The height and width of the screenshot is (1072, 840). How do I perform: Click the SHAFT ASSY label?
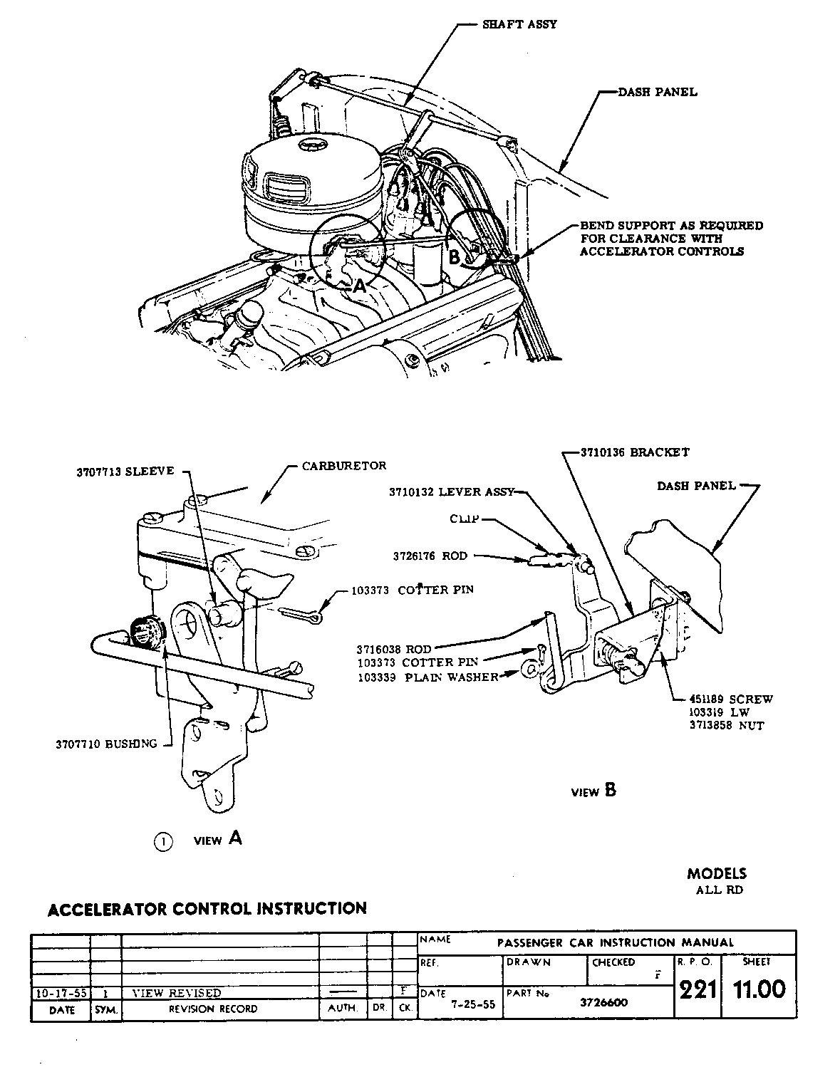pyautogui.click(x=520, y=24)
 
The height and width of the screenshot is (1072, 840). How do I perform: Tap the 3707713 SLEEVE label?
pyautogui.click(x=125, y=472)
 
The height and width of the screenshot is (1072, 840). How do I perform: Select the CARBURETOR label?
pyautogui.click(x=343, y=466)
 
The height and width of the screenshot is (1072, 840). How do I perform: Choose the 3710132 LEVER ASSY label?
pyautogui.click(x=451, y=491)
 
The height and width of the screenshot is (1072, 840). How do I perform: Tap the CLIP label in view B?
pyautogui.click(x=467, y=520)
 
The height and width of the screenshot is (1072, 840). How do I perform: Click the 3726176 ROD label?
pyautogui.click(x=430, y=556)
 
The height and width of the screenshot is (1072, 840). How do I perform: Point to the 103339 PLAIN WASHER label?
pyautogui.click(x=427, y=677)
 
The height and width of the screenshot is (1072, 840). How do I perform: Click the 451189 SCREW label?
pyautogui.click(x=730, y=699)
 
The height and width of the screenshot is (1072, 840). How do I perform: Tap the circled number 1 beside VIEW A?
pyautogui.click(x=163, y=842)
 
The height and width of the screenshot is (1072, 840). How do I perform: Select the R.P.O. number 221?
pyautogui.click(x=697, y=990)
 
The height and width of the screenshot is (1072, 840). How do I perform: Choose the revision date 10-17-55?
pyautogui.click(x=60, y=992)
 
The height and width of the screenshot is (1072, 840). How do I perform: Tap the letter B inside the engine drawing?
pyautogui.click(x=455, y=256)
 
